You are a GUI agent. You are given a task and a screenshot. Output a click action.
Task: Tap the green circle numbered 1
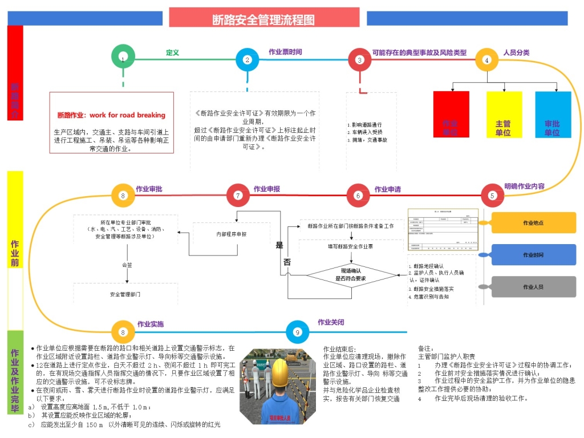[123, 58]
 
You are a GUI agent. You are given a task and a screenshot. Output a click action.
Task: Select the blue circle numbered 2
[248, 59]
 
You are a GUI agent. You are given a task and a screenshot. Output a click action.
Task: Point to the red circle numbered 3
[360, 59]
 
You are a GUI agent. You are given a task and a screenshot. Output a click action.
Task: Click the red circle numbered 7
[238, 195]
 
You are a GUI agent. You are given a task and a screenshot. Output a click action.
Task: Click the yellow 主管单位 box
[504, 115]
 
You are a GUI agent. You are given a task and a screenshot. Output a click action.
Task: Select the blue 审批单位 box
[553, 115]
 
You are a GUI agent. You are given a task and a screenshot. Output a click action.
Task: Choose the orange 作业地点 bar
[533, 222]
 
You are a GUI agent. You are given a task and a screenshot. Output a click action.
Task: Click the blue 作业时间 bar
[533, 255]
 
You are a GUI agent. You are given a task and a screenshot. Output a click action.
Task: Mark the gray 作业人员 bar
[533, 287]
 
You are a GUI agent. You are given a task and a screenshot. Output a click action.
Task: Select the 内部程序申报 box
[232, 234]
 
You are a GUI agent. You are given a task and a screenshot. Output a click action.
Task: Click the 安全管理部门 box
[125, 294]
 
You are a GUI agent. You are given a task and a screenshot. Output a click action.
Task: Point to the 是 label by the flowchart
[279, 246]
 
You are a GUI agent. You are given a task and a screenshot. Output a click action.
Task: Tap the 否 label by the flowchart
[286, 263]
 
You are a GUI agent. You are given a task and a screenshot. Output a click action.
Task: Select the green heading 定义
[172, 52]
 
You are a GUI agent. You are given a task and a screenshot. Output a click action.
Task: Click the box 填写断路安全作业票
[350, 246]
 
